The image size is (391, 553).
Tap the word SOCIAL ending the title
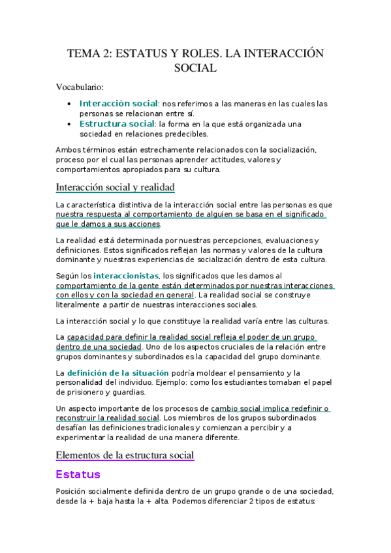coord(195,68)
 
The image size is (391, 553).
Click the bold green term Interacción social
coord(118,104)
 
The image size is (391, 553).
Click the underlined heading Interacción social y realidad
coord(116,188)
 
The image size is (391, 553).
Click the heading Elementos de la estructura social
coord(125,455)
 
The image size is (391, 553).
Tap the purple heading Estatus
coord(78,474)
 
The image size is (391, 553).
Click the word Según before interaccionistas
coord(67,276)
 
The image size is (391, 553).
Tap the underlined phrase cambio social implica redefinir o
coord(270,408)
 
